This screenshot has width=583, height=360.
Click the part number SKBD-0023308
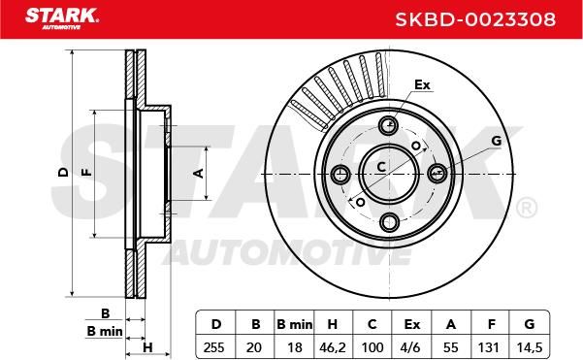pos(475,19)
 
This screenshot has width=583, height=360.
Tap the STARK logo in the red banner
pos(62,18)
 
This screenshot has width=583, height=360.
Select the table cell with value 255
pos(214,347)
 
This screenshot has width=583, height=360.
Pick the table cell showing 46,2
pos(333,347)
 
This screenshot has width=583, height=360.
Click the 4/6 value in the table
pos(411,347)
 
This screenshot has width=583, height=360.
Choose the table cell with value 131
pos(489,347)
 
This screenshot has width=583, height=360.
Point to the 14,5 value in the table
pos(530,347)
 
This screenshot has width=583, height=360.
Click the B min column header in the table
pos(295,324)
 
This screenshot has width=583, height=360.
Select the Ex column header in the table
pos(411,324)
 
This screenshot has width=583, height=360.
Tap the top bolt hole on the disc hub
pos(389,125)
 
